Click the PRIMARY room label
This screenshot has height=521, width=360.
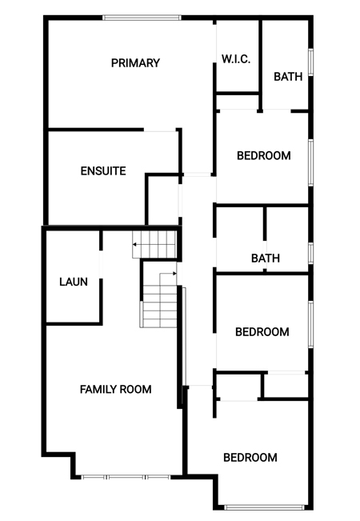coord(135,62)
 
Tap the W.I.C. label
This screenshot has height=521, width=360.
coord(236,59)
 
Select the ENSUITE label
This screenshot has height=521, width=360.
coord(103,170)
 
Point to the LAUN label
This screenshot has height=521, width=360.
coord(74,282)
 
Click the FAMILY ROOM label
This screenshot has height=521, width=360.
coord(115,389)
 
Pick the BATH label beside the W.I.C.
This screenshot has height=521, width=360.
coord(288,77)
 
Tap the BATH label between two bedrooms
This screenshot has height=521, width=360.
coord(266,258)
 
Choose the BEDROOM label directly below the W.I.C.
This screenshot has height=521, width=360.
coord(264,155)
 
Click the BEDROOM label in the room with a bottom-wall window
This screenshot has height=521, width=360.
coord(250,458)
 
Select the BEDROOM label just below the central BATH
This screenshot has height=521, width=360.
coord(262,332)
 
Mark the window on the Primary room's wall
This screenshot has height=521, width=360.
coord(142,18)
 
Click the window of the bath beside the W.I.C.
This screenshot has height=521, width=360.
coord(311,62)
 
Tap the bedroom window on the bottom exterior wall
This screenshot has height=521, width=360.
coord(264,507)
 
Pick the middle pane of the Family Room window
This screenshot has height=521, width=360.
coord(126,477)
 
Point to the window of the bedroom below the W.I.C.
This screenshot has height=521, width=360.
coord(311,162)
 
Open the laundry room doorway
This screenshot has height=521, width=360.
coord(101,264)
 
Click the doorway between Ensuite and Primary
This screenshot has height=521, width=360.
coord(160,130)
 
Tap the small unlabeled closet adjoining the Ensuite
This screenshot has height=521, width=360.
coord(163,201)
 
